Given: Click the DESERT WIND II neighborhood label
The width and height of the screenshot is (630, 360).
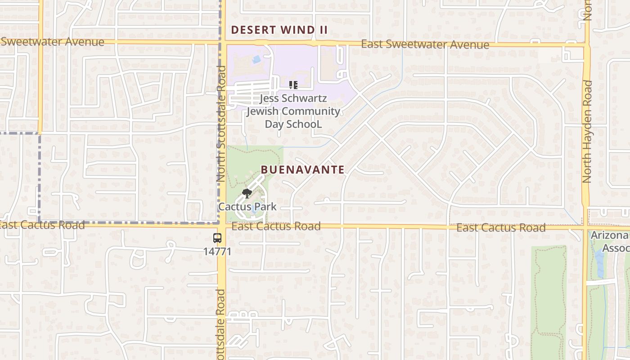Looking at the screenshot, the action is click(279, 30).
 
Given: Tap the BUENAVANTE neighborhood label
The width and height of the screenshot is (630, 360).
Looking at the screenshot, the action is click(303, 170).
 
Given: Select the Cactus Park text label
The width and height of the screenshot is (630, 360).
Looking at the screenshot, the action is click(247, 207).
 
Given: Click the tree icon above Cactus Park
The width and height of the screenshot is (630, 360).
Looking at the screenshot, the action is click(246, 194).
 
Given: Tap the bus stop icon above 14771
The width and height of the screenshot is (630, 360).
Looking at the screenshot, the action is click(217, 238).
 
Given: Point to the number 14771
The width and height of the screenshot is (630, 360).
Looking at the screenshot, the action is click(217, 251).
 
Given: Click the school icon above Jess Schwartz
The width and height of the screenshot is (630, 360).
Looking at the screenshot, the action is click(293, 85).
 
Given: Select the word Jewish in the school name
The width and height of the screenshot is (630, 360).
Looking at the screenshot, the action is click(263, 111).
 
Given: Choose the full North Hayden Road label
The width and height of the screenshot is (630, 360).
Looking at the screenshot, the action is click(587, 131).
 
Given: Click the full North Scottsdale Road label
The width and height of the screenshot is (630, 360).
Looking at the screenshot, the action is click(221, 124).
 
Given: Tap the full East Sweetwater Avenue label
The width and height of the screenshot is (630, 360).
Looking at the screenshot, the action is click(425, 45).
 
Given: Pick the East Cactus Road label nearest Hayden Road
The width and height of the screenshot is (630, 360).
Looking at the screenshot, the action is click(501, 228).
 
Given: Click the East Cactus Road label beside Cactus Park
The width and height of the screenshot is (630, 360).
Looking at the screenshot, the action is click(276, 226).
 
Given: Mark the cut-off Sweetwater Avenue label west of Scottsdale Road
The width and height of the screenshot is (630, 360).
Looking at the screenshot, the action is click(52, 42).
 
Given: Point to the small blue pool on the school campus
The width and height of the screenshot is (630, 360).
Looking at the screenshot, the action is click(256, 59).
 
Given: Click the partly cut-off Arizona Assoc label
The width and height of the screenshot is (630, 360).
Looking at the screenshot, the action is click(610, 242).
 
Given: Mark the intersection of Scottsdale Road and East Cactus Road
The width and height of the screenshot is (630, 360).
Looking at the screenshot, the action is click(222, 224).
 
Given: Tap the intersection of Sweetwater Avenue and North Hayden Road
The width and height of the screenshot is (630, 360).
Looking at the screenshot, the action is click(586, 45).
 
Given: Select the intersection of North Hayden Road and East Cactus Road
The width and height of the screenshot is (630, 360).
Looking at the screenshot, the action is click(586, 228).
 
